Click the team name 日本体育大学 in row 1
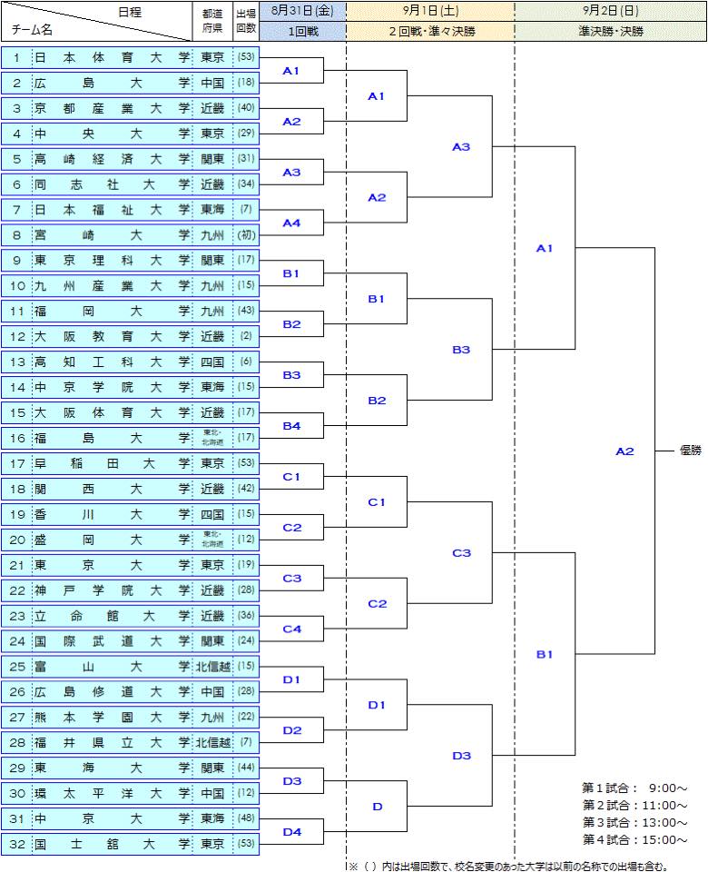[113, 57]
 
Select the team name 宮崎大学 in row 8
[113, 235]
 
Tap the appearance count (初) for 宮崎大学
[245, 235]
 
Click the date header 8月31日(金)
[301, 12]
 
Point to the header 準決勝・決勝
[610, 31]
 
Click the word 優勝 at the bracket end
[690, 451]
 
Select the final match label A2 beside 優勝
[624, 451]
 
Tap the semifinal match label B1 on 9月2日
[544, 654]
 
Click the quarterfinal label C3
[461, 552]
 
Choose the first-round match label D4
[291, 832]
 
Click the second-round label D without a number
[377, 807]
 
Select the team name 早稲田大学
[113, 464]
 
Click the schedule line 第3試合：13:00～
[634, 822]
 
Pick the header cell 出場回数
[245, 21]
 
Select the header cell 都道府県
[213, 21]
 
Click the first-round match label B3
[291, 375]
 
